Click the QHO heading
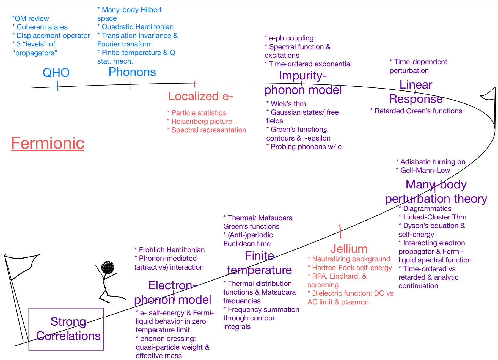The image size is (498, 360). tap(56, 73)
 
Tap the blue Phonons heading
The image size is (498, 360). tap(132, 72)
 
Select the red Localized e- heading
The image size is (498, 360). tap(200, 96)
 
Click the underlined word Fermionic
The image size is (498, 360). tap(48, 143)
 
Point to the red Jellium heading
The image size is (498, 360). tap(349, 249)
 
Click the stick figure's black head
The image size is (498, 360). tap(108, 267)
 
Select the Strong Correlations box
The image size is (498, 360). tap(66, 329)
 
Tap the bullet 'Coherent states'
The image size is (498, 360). tap(42, 27)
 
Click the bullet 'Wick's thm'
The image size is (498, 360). tap(288, 104)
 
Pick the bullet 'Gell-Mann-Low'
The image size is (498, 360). tap(425, 170)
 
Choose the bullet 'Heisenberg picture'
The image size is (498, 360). tap(201, 121)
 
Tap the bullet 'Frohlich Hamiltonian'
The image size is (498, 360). tap(172, 250)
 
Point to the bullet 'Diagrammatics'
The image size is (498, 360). tap(427, 208)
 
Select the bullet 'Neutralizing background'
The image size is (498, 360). tap(351, 259)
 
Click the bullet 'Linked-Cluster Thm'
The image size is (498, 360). tap(434, 217)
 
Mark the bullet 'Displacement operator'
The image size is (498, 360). tap(53, 35)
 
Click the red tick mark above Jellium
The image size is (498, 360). tap(340, 231)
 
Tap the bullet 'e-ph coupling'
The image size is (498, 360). tap(291, 38)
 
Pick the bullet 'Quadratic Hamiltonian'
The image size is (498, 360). tap(137, 27)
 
